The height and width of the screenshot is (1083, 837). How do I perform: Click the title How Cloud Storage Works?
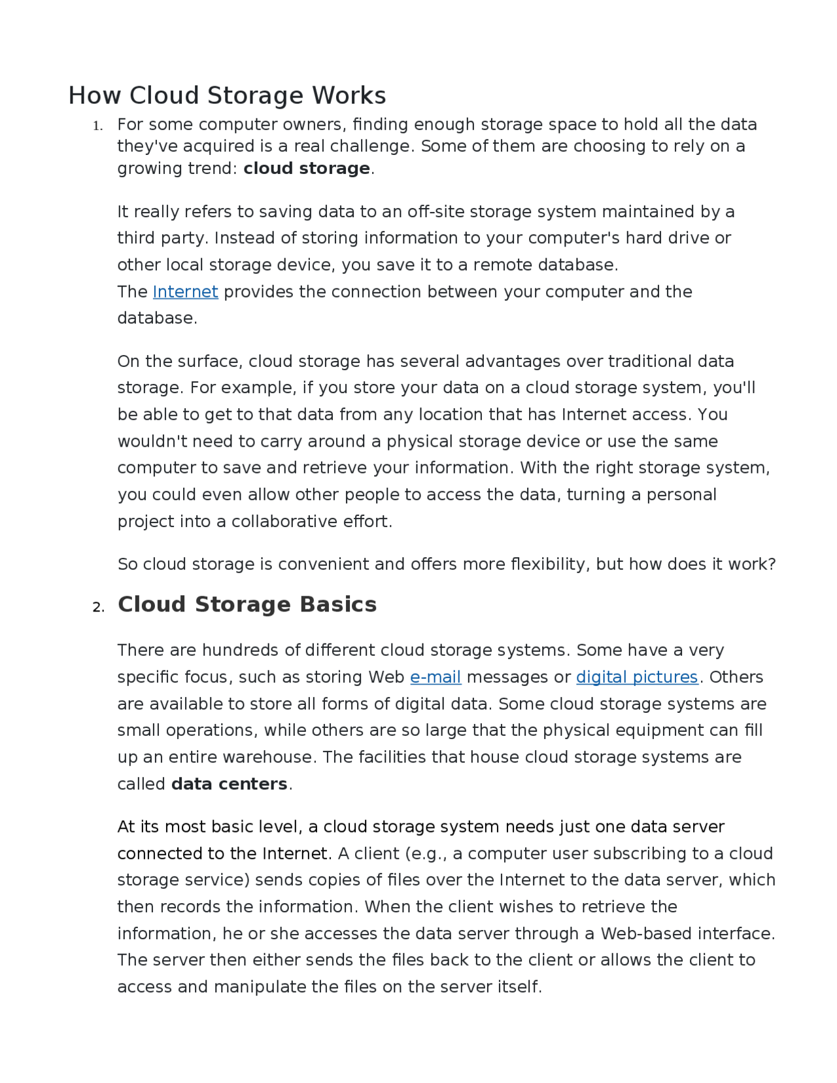pyautogui.click(x=227, y=95)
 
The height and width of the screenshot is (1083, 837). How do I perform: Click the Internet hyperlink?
pyautogui.click(x=185, y=292)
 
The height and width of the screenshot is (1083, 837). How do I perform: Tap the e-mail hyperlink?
pyautogui.click(x=436, y=677)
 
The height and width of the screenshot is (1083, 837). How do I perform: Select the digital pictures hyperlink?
pyautogui.click(x=637, y=677)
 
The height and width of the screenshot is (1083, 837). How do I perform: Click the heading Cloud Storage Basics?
pyautogui.click(x=247, y=604)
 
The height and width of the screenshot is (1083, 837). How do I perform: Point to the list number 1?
pyautogui.click(x=97, y=126)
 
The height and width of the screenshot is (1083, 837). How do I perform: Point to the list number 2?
pyautogui.click(x=98, y=608)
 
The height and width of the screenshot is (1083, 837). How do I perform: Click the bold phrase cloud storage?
pyautogui.click(x=307, y=169)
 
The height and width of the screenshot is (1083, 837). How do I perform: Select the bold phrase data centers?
pyautogui.click(x=229, y=783)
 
